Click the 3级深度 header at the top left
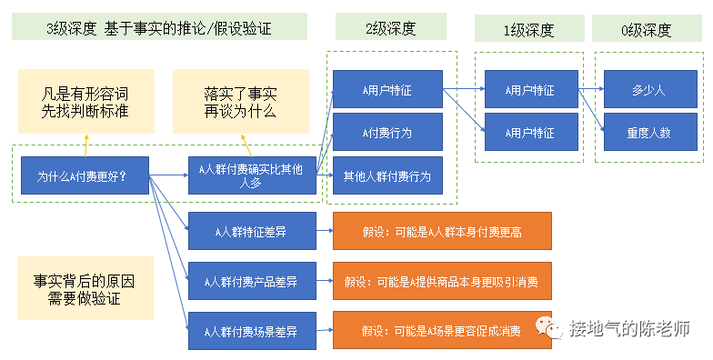[x=158, y=27]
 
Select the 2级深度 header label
[x=390, y=27]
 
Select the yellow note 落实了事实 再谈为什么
[x=240, y=101]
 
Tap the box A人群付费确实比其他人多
[x=252, y=175]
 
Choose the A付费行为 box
[x=387, y=133]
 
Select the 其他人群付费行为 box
[x=387, y=175]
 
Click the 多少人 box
[x=648, y=90]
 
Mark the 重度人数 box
[x=648, y=133]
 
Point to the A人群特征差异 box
[x=252, y=232]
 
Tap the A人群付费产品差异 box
[x=252, y=281]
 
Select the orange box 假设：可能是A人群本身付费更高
[x=442, y=232]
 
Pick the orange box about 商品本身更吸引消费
[x=442, y=281]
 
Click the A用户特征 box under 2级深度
[x=387, y=90]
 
